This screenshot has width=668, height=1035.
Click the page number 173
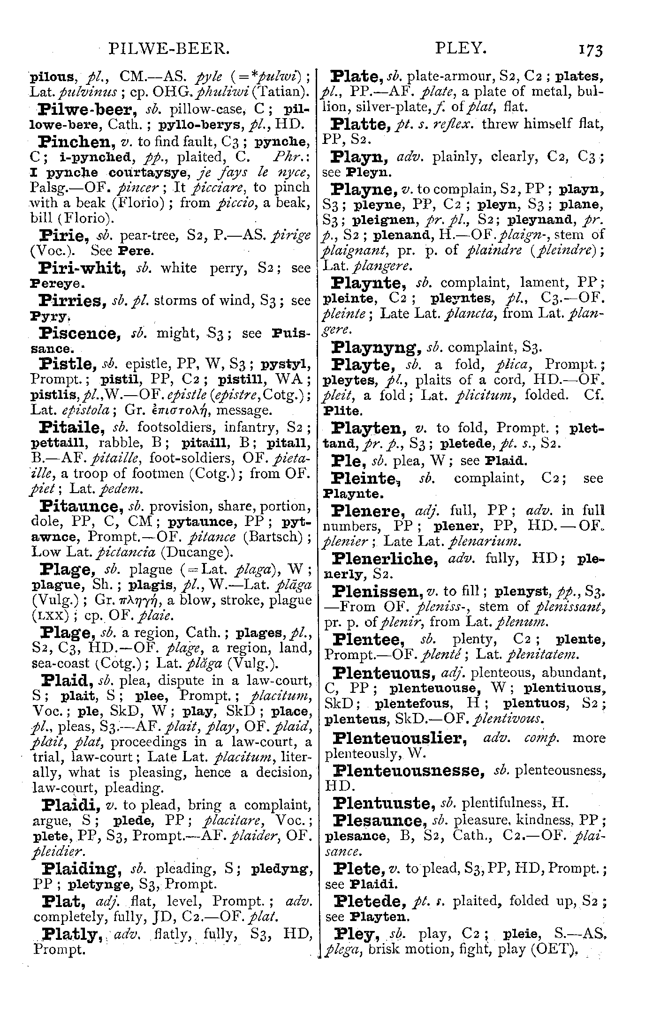(x=591, y=49)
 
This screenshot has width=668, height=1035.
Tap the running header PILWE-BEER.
(x=168, y=48)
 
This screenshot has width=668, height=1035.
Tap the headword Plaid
(x=63, y=680)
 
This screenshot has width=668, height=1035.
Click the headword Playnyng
(x=378, y=348)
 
